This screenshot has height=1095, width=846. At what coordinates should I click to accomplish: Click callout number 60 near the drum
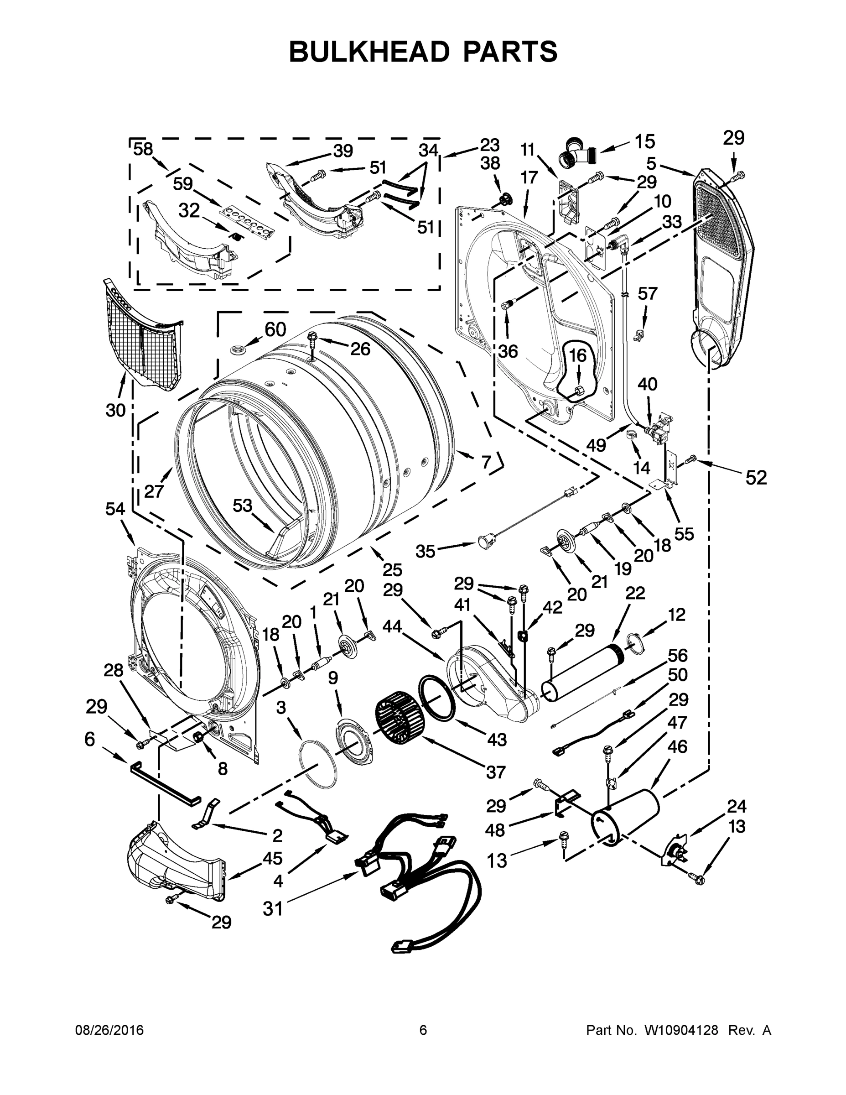(x=275, y=329)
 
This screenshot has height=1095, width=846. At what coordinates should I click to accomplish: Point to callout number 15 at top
(x=645, y=142)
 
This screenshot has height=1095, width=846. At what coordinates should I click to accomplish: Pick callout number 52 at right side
(x=756, y=478)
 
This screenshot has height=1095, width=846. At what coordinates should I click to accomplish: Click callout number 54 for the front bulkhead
(x=115, y=509)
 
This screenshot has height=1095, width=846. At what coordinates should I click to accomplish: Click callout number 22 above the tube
(x=635, y=593)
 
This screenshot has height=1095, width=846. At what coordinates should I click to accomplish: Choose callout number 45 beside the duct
(x=273, y=858)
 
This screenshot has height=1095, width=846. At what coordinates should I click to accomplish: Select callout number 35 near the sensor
(x=426, y=551)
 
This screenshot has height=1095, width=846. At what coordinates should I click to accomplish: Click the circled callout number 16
(x=577, y=355)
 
